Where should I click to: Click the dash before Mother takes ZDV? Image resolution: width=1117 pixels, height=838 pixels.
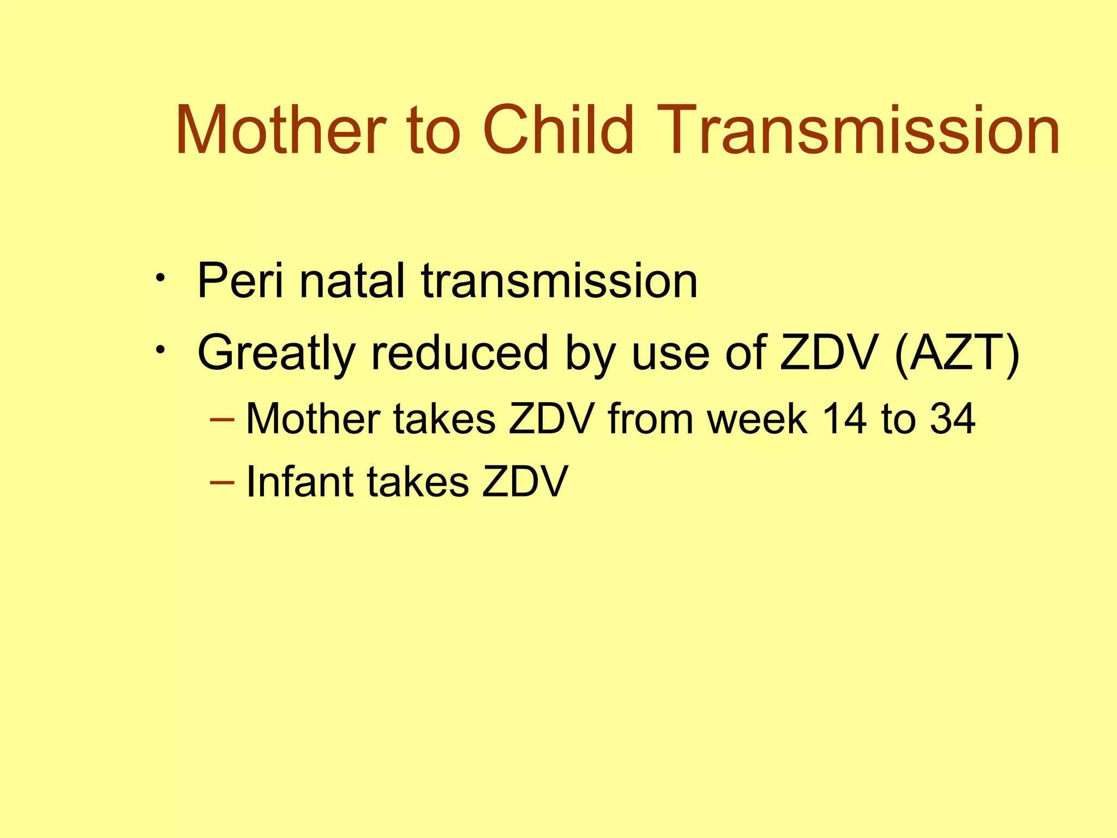click(x=222, y=420)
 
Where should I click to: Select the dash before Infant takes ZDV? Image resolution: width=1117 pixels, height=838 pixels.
click(x=222, y=482)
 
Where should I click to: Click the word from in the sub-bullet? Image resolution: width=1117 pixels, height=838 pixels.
click(x=650, y=419)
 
